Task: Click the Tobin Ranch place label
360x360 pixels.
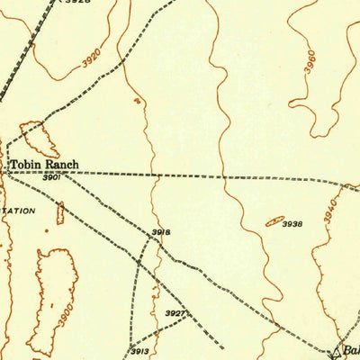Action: click(44, 165)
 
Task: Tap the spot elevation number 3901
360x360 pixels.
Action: click(50, 178)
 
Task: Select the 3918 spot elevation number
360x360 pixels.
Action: click(160, 232)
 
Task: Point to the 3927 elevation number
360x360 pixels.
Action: click(175, 313)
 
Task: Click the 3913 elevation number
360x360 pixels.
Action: click(139, 350)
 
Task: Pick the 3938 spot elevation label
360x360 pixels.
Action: click(292, 223)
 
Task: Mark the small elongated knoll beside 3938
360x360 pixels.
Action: click(274, 220)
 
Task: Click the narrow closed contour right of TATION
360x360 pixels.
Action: click(60, 213)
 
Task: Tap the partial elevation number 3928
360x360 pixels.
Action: click(77, 3)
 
